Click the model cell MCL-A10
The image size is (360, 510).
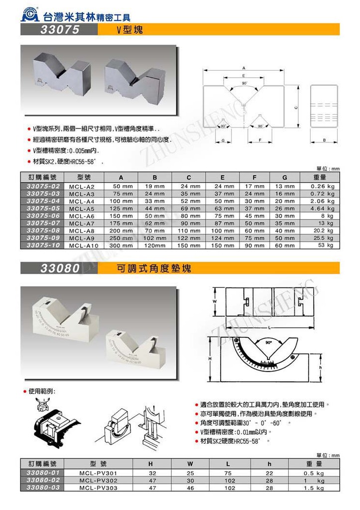[x=83, y=245]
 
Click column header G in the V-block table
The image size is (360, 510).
[x=284, y=177]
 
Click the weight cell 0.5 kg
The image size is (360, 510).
[x=315, y=473]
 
